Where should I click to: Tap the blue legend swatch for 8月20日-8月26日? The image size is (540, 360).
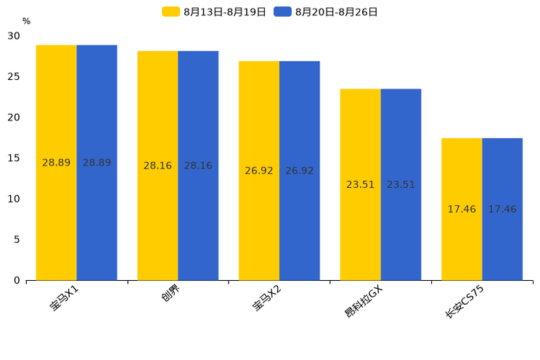click(282, 12)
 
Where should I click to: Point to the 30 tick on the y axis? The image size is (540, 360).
click(14, 36)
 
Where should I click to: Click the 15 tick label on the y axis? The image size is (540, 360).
click(14, 158)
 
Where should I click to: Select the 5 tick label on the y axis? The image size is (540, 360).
click(17, 240)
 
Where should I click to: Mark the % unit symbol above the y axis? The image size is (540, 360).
click(26, 22)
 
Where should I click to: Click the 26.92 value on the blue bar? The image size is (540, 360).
click(300, 171)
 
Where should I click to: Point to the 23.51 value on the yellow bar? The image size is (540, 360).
click(360, 184)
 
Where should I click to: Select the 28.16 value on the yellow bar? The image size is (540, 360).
click(157, 165)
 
